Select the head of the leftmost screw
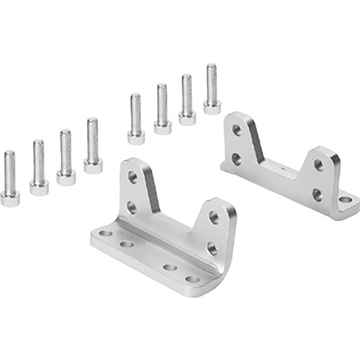click(10, 197)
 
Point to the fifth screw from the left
click(136, 118)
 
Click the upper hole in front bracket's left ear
click(133, 177)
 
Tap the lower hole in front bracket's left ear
click(132, 207)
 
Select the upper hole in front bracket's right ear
click(213, 218)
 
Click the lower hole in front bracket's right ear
click(212, 249)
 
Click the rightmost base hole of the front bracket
click(192, 279)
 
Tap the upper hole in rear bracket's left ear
click(237, 130)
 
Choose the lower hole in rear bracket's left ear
click(236, 159)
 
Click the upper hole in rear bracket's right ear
click(319, 165)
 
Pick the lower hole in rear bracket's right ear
click(317, 195)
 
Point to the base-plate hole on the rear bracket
click(345, 200)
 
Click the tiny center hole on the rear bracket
click(282, 167)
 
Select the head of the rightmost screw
click(211, 107)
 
